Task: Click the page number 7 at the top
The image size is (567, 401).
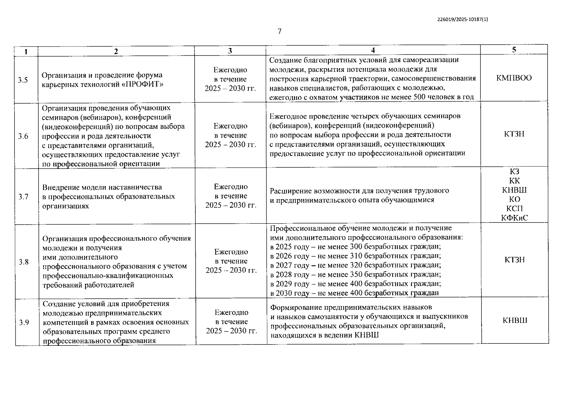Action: [279, 31]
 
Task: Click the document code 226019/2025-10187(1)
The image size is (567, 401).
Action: [462, 19]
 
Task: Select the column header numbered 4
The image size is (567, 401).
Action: [373, 50]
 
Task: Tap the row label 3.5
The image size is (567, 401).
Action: [23, 80]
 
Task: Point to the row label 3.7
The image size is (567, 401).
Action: [24, 196]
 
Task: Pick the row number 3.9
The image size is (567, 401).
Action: [24, 322]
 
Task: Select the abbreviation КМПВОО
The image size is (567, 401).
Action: [514, 78]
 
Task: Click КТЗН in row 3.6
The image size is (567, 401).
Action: [514, 134]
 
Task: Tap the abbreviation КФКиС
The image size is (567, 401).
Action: [515, 218]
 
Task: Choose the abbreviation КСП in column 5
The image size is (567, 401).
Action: [515, 209]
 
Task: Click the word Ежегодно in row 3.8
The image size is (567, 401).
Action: [231, 252]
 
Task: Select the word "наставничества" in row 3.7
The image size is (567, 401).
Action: [137, 187]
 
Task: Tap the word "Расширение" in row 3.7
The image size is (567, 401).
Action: [290, 191]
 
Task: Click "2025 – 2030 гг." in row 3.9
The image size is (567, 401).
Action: [231, 331]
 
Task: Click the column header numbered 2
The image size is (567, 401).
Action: [116, 51]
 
